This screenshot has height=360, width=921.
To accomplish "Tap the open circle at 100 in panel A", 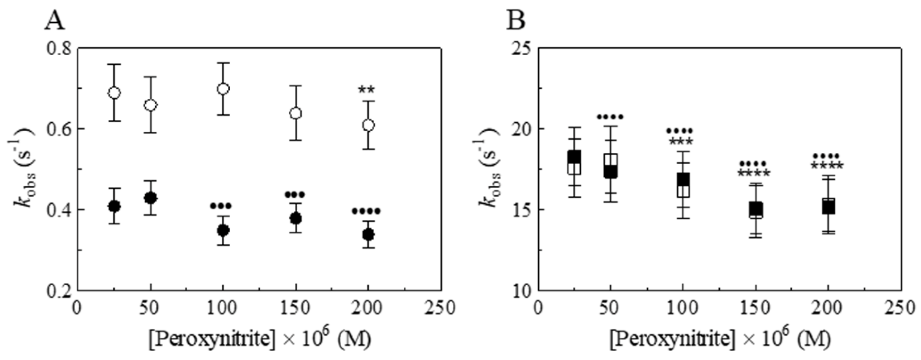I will [x=223, y=89].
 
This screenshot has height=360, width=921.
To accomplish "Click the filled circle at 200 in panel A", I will [x=368, y=235].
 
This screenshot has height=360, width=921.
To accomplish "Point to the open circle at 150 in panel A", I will [x=296, y=113].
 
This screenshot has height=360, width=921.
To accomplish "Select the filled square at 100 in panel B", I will [x=683, y=181].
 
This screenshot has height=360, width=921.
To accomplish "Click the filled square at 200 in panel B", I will [x=828, y=207].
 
